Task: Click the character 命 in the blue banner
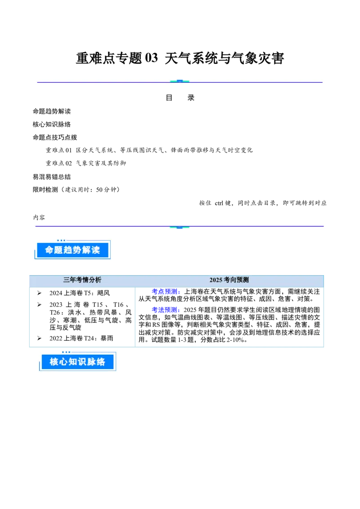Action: click(x=49, y=250)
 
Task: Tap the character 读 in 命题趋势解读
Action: click(x=95, y=250)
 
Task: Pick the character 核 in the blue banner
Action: click(x=54, y=362)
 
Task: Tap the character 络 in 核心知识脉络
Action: click(x=101, y=362)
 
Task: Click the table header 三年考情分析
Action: click(x=82, y=280)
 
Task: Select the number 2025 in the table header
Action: click(x=216, y=280)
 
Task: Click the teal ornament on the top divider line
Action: click(x=180, y=81)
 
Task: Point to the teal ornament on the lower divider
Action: click(x=180, y=227)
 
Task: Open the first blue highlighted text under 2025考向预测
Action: click(x=165, y=292)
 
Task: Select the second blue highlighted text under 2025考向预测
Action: click(x=165, y=309)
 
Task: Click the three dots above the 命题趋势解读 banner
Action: click(x=61, y=240)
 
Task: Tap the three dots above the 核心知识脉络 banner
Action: click(x=66, y=352)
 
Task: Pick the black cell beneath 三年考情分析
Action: click(x=83, y=316)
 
